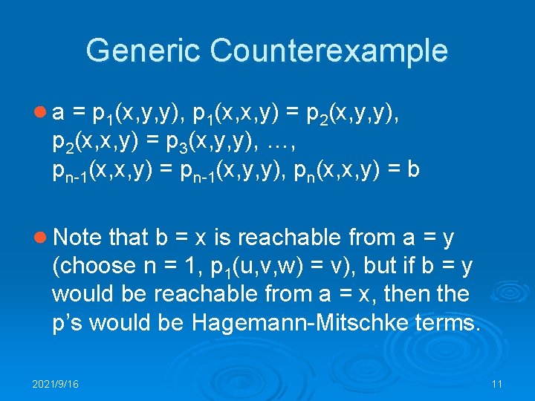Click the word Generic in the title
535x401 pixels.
pos(143,51)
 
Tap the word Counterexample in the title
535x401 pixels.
pos(329,51)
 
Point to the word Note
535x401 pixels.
pos(77,238)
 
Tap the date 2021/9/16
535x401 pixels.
pos(56,384)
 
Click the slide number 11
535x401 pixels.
pos(497,384)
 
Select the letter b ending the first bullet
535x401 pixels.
pos(413,170)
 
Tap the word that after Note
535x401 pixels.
pos(129,238)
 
